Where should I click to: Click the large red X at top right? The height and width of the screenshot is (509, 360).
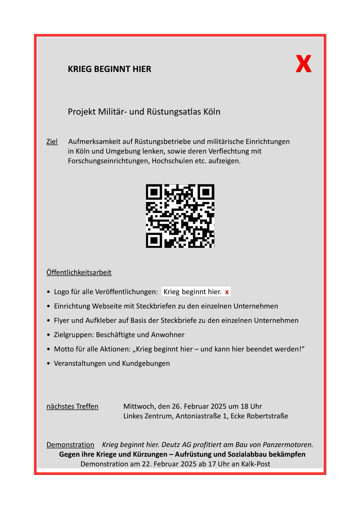pyautogui.click(x=303, y=64)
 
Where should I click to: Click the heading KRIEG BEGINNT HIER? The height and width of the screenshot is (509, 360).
pyautogui.click(x=109, y=69)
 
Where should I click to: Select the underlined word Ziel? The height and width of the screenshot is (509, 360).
pyautogui.click(x=52, y=142)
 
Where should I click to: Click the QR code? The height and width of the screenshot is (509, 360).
pyautogui.click(x=180, y=216)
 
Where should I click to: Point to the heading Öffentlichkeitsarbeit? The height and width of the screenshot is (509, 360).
pyautogui.click(x=79, y=272)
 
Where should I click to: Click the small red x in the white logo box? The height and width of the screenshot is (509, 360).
pyautogui.click(x=227, y=292)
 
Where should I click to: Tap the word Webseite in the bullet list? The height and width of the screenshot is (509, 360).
pyautogui.click(x=107, y=306)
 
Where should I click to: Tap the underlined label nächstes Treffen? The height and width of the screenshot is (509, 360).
pyautogui.click(x=72, y=406)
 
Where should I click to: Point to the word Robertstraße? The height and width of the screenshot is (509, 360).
pyautogui.click(x=267, y=416)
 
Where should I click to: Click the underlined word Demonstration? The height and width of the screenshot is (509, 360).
pyautogui.click(x=70, y=445)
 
